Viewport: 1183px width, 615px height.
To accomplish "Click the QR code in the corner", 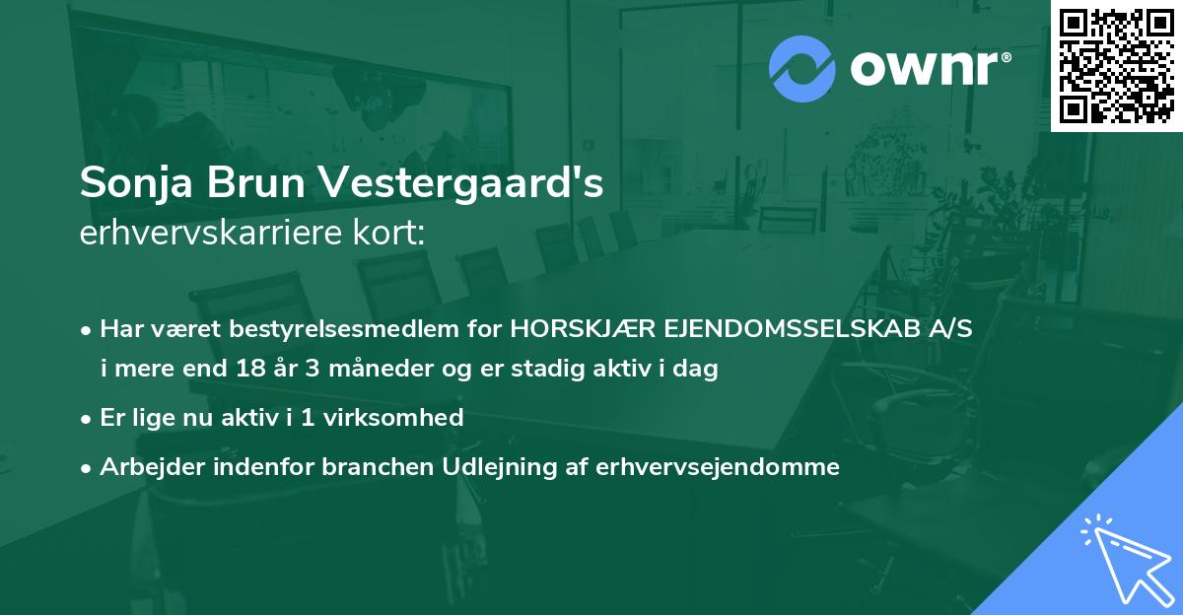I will pyautogui.click(x=1116, y=66).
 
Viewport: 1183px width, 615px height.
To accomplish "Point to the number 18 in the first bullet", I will pyautogui.click(x=249, y=371).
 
